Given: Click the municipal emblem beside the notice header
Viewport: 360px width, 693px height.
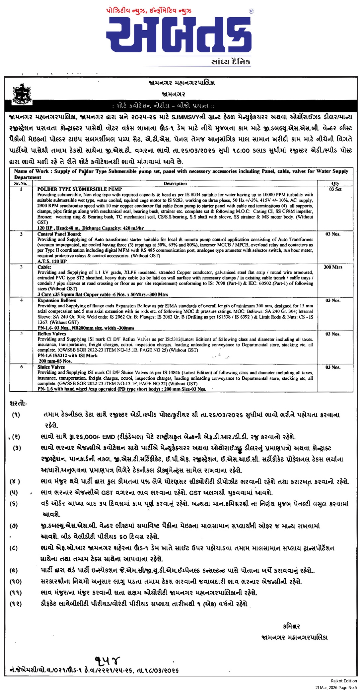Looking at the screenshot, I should coord(22,94).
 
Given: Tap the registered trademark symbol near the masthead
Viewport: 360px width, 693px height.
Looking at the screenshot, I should coord(251,11).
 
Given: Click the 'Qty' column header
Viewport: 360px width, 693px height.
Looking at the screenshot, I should coord(335,183).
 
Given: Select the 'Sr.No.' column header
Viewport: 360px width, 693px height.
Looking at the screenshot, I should coord(21,183).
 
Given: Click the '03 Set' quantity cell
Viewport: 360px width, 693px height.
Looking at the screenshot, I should coord(335,189).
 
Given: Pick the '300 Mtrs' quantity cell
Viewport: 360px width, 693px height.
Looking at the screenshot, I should coord(333,267).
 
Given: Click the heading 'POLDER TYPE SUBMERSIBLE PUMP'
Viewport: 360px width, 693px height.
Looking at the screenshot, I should coord(80,189).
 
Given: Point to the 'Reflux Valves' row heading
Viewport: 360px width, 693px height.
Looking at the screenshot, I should coord(52,334).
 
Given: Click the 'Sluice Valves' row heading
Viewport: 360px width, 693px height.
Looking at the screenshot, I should coord(51,367).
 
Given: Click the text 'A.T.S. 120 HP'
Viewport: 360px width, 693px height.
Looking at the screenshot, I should coord(52,261).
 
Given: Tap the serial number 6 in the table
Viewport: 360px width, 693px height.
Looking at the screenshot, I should coord(22,367).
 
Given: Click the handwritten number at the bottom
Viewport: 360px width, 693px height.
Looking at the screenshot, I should coord(108,660).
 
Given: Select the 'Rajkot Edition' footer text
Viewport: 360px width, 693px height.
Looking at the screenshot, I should coord(344,681).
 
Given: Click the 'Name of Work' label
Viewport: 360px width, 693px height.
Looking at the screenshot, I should coord(31,171).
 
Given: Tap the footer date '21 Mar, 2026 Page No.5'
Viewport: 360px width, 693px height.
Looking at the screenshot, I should coord(336,687).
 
